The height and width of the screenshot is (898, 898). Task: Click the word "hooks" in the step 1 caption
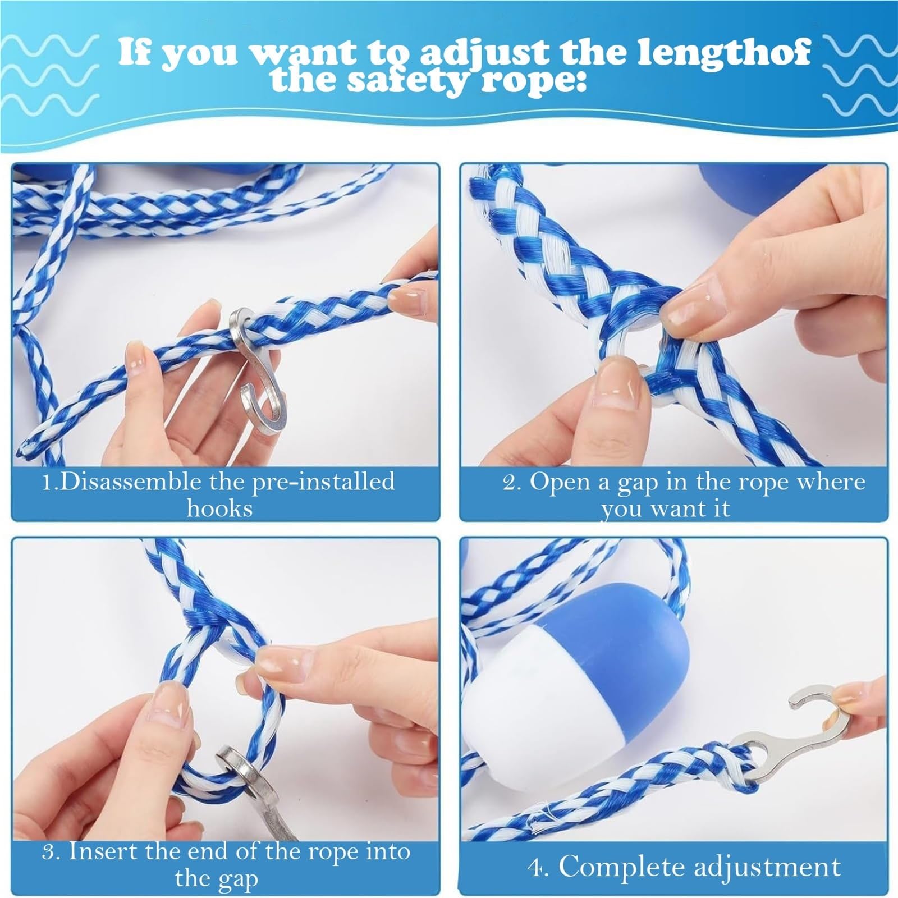coord(219,509)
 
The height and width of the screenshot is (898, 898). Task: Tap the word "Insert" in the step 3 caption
coord(103,851)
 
